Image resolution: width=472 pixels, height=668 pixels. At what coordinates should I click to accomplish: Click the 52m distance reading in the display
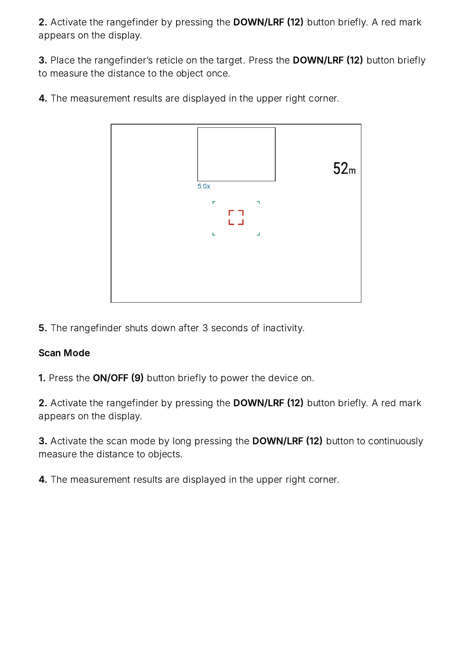tap(344, 169)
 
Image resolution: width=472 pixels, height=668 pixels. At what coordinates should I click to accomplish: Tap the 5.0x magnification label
tap(204, 186)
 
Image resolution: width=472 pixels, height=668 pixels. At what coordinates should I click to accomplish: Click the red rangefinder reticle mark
tap(236, 217)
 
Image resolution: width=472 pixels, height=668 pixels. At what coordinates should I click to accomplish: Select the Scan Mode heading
tap(64, 353)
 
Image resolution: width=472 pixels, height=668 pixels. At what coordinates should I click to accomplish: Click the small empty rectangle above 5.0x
tap(236, 154)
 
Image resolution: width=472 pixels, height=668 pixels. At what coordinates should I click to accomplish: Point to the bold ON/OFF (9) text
tap(118, 378)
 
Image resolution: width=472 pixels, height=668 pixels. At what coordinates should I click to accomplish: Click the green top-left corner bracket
tap(214, 202)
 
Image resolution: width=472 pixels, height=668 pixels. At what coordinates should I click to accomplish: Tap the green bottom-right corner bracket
tap(259, 234)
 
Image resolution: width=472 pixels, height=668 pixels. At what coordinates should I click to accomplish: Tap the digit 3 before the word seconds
tap(205, 328)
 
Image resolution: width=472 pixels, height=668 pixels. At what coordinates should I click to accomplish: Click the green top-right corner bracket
tap(259, 202)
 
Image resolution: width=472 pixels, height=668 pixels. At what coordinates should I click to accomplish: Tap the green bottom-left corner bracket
tap(214, 234)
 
